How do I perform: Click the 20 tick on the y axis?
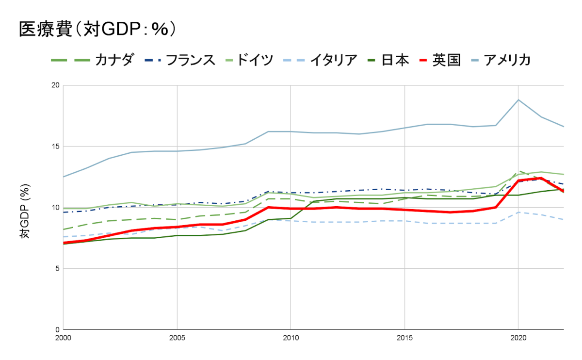point(55,85)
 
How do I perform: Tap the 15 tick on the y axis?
point(55,147)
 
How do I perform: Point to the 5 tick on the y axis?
point(57,269)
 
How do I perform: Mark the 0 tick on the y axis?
point(57,330)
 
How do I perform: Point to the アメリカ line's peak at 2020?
point(518,100)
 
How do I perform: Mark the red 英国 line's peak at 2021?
point(541,178)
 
